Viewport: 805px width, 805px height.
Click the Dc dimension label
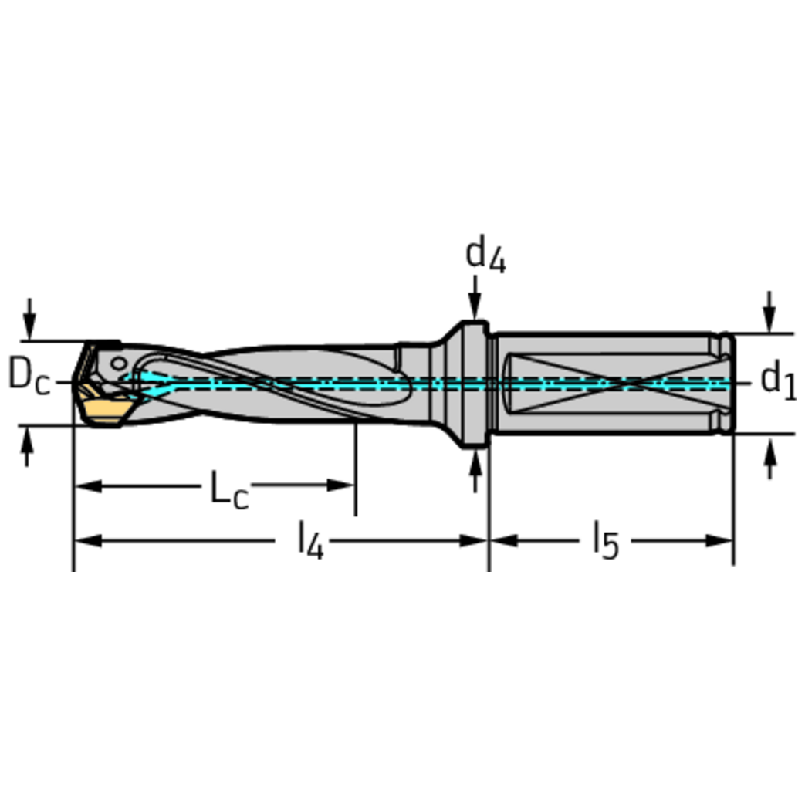(x=29, y=376)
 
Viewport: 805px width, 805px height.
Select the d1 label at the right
(x=777, y=381)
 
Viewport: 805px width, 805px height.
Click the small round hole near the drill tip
(x=117, y=364)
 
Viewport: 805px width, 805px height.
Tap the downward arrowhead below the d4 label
(x=475, y=309)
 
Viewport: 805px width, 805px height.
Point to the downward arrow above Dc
(x=29, y=325)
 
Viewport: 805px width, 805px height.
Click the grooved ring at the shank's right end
(x=724, y=384)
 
